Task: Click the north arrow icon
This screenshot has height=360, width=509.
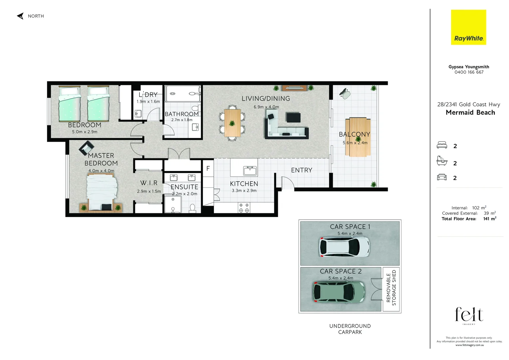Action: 20,16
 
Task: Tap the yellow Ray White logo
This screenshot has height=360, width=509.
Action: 468,27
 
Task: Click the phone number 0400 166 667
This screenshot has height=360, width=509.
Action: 469,72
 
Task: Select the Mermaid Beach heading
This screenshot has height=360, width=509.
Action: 470,113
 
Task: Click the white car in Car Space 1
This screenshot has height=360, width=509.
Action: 344,247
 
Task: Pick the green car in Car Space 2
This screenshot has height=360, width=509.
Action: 339,292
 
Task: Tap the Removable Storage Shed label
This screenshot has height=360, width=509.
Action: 391,288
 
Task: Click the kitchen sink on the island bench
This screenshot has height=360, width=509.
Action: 250,171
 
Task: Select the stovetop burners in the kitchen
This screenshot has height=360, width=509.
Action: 244,208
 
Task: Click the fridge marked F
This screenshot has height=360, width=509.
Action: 208,169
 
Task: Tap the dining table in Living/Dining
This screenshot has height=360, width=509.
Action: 232,123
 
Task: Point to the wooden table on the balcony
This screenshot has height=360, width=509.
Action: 358,137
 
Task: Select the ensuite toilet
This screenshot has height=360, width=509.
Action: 192,208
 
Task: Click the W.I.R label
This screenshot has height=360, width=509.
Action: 149,183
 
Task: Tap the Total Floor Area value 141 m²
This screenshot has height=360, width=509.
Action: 489,219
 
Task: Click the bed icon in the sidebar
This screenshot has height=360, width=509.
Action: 442,145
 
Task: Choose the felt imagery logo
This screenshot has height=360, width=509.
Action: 469,315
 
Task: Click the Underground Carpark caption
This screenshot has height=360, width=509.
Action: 350,329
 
